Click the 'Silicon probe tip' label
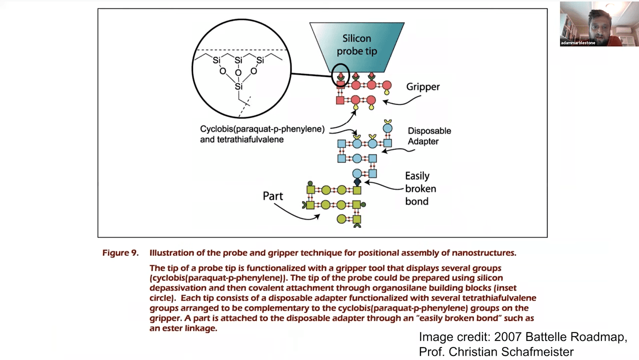[x=356, y=44]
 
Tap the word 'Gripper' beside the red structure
[x=423, y=87]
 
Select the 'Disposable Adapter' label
[x=429, y=136]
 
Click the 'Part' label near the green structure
[x=273, y=196]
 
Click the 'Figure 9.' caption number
[x=120, y=253]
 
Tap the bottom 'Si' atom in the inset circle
[x=238, y=86]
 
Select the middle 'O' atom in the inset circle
[x=238, y=73]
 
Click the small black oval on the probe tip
[x=340, y=75]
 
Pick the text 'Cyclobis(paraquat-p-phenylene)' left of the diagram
[x=262, y=129]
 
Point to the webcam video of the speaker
[x=598, y=23]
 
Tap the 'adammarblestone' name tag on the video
[x=578, y=43]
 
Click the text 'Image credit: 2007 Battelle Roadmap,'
[x=523, y=337]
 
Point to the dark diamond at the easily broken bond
[x=357, y=182]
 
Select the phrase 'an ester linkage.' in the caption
[x=183, y=329]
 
